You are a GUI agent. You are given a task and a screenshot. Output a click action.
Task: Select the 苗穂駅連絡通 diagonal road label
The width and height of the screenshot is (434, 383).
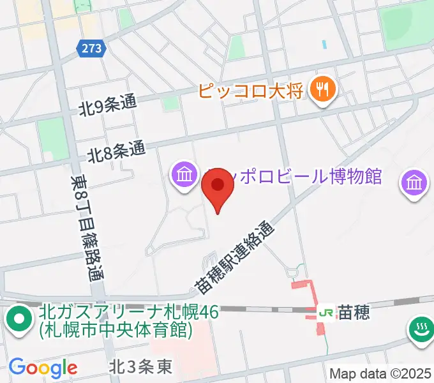[x=235, y=258]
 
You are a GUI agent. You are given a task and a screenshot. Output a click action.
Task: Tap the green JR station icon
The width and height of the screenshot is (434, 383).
[x=326, y=312]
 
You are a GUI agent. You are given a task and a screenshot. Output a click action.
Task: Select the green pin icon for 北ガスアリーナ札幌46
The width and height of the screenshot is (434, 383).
[x=20, y=319]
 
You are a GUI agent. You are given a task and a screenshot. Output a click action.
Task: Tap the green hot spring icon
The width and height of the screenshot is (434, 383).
[x=420, y=329]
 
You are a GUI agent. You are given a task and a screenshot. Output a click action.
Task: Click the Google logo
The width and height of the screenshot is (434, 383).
[x=43, y=368]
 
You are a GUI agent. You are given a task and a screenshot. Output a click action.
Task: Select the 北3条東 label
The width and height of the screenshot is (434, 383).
[x=140, y=368]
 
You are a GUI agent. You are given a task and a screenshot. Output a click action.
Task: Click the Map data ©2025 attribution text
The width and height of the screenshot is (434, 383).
[x=379, y=373]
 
